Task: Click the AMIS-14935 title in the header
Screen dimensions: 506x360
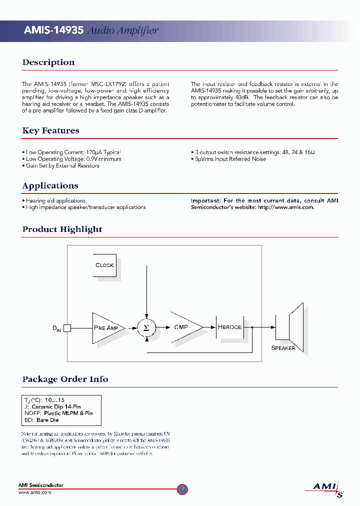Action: pos(53,30)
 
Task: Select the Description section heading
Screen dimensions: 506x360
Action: pos(48,62)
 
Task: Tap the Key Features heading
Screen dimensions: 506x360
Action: pos(50,130)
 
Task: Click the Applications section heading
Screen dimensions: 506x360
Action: pos(50,185)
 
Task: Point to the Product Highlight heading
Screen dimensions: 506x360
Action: pos(62,229)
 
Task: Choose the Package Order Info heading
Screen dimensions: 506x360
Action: pos(65,379)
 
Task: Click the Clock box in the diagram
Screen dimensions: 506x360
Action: pos(104,265)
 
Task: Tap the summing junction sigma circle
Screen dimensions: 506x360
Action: pos(146,328)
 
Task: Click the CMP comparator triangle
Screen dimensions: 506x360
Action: pos(184,327)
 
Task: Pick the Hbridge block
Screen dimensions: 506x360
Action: pos(229,327)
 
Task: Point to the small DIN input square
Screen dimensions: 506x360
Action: pos(67,328)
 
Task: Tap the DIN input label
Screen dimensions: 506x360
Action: pos(56,328)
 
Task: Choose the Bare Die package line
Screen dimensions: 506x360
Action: pos(41,420)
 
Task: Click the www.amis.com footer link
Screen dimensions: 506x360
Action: pos(35,492)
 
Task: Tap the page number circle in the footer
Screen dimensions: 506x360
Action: pos(182,489)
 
